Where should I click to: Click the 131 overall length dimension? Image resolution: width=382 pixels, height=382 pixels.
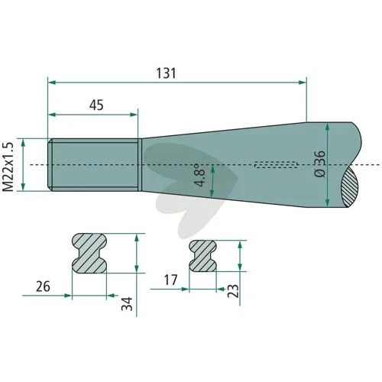point(166,73)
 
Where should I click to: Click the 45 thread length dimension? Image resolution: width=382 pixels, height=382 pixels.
point(96,105)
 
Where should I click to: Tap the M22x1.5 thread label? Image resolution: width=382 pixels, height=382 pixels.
point(8,167)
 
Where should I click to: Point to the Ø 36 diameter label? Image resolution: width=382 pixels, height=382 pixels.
point(320,163)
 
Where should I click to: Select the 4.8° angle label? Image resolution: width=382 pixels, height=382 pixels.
point(199,176)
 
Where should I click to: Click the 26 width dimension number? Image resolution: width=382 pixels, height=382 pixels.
point(43,286)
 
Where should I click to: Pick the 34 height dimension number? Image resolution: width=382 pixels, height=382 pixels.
point(127,303)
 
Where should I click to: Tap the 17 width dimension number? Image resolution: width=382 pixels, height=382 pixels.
point(170,280)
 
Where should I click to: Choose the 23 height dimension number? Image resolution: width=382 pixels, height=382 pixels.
point(233,291)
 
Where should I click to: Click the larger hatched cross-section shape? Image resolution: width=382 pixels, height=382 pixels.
point(89,253)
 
